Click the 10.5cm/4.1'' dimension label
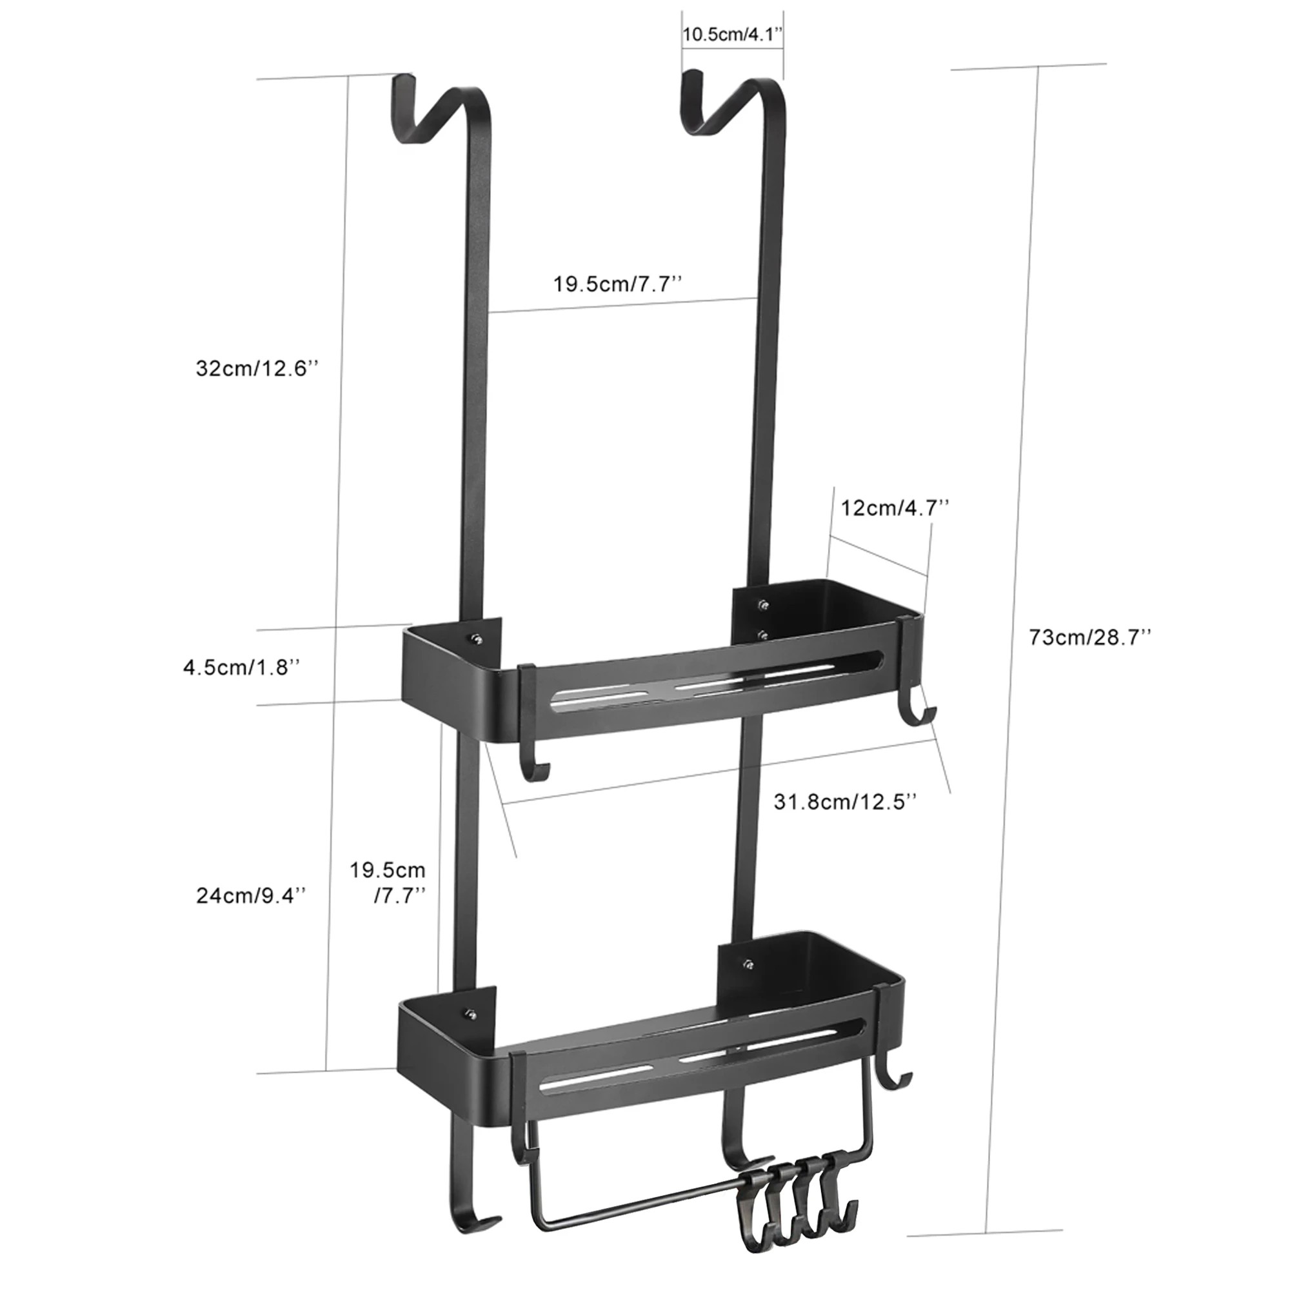732,35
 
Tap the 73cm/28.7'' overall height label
1089,637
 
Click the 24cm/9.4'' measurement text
252,895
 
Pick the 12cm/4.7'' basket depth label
895,508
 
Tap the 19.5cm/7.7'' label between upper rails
618,284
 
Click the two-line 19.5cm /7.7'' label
388,881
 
